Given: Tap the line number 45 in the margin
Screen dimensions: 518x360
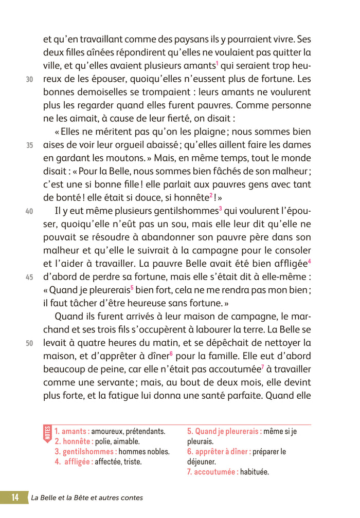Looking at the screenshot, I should pos(30,277).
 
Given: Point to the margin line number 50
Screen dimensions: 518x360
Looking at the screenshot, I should pos(30,343).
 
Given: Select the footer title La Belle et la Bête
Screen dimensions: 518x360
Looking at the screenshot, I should pos(86,497).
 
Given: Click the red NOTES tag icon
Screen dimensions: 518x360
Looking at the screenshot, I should pos(48,433).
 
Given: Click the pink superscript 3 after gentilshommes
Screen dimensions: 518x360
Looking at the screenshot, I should pos(220,208).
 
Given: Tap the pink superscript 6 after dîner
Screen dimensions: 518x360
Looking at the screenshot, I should pos(171,354).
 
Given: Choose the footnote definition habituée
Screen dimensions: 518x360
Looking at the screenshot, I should pos(255,472).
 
